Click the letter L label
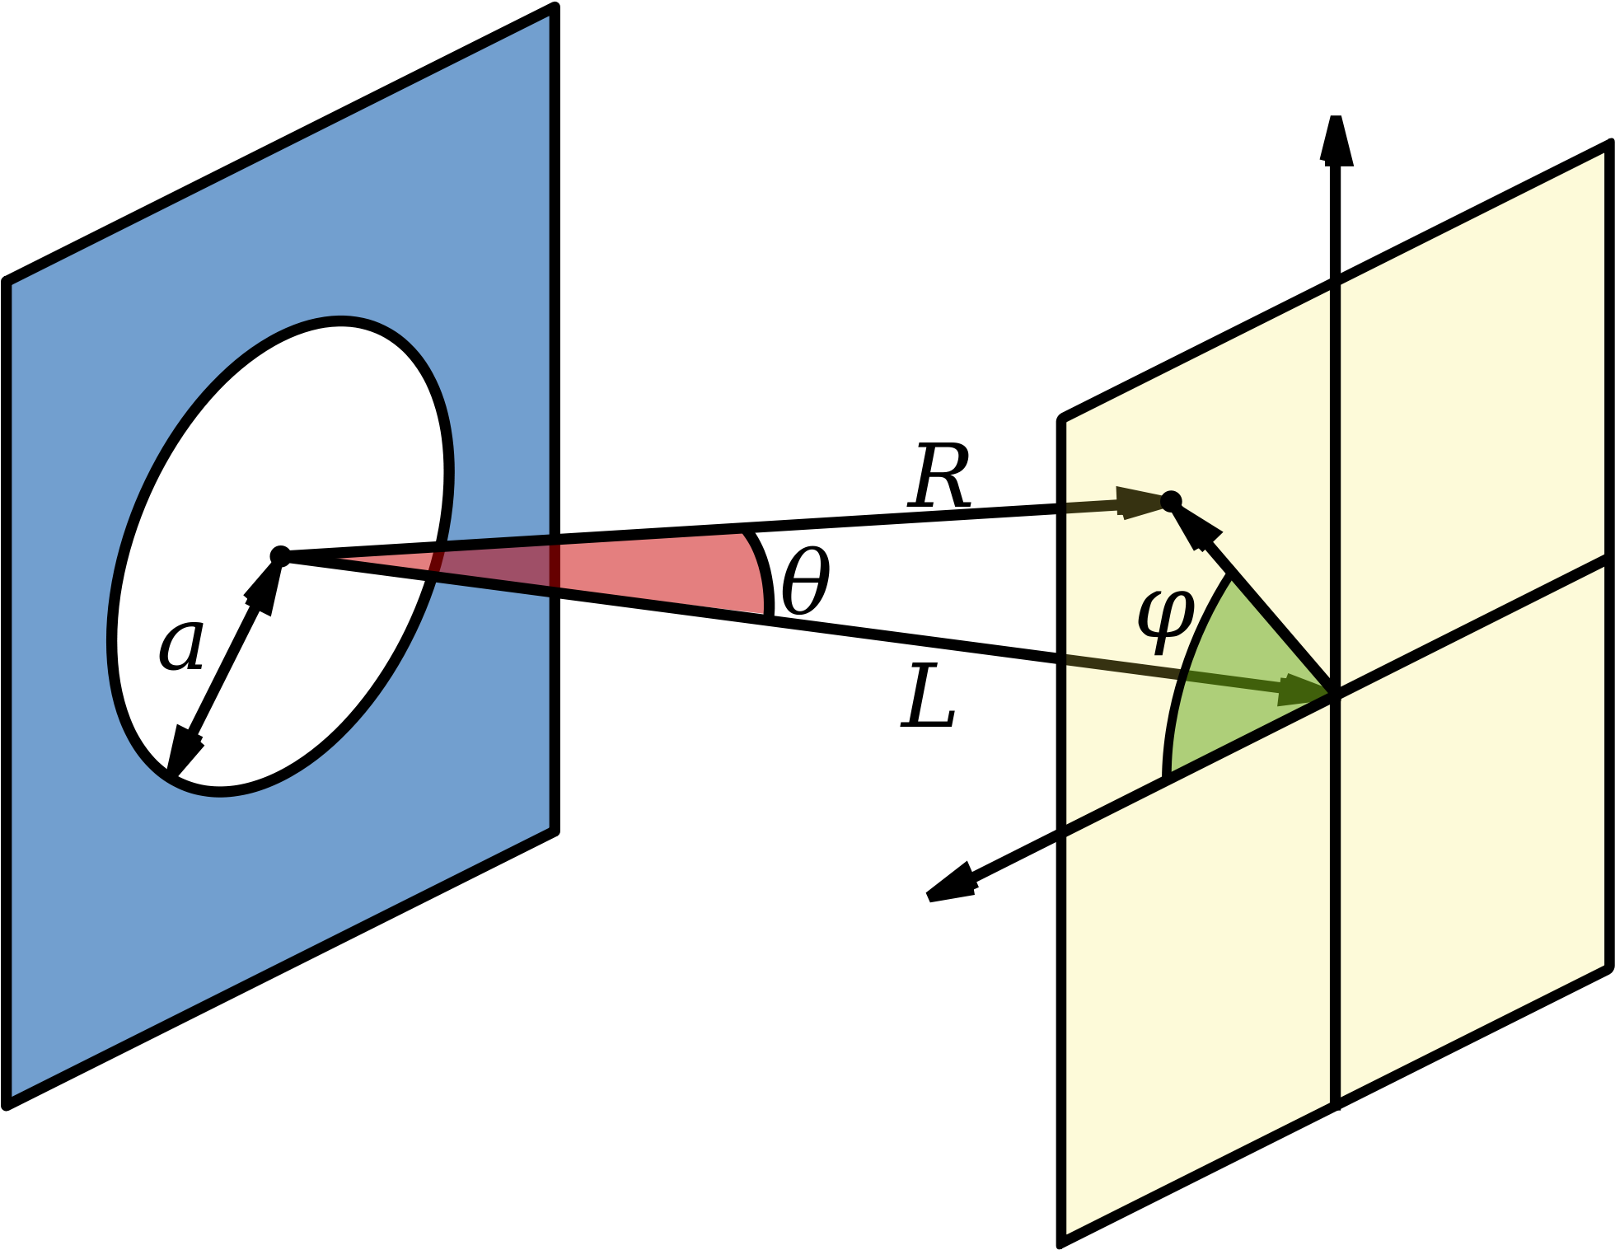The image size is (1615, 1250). click(x=929, y=697)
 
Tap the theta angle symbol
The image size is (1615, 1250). click(x=805, y=582)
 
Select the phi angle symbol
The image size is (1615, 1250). click(x=1166, y=620)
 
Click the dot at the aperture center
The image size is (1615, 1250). click(x=280, y=555)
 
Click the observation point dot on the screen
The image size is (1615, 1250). click(x=1171, y=501)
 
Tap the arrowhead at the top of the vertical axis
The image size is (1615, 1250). click(x=1336, y=139)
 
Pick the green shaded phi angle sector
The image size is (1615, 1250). click(x=1236, y=684)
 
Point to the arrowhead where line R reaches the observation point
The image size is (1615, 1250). click(x=1141, y=502)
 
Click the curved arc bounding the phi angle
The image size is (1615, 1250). click(x=1187, y=672)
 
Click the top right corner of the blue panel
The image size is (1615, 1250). click(x=555, y=8)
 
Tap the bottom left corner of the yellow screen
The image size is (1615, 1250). click(x=1061, y=1241)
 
